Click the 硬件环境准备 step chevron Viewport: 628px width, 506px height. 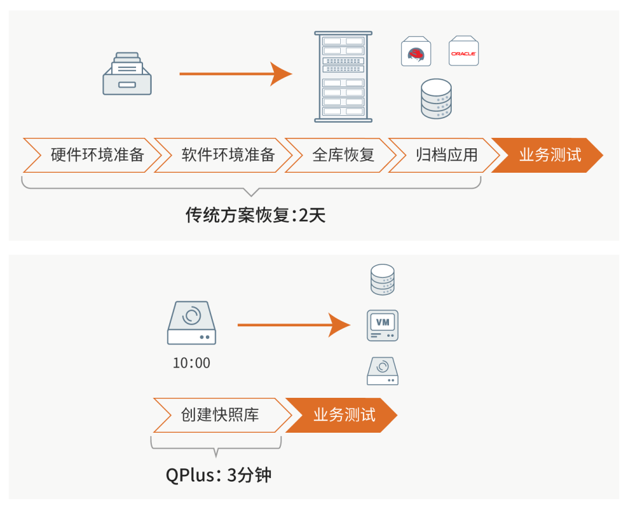click(93, 155)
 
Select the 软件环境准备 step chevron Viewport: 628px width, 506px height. click(224, 155)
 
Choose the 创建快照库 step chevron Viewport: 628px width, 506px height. click(221, 415)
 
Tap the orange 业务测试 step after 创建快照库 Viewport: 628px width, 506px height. click(344, 415)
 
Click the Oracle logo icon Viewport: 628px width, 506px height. click(463, 53)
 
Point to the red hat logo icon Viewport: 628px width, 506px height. click(416, 53)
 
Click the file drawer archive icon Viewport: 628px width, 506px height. click(127, 74)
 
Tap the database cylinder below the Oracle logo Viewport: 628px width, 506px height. click(437, 99)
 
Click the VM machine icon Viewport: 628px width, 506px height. click(383, 325)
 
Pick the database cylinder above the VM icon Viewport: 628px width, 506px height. click(383, 280)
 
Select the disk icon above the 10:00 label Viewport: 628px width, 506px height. click(191, 323)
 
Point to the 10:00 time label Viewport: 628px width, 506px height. click(191, 363)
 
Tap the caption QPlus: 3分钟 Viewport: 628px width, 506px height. click(219, 475)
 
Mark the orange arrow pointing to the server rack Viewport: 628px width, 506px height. click(235, 74)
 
